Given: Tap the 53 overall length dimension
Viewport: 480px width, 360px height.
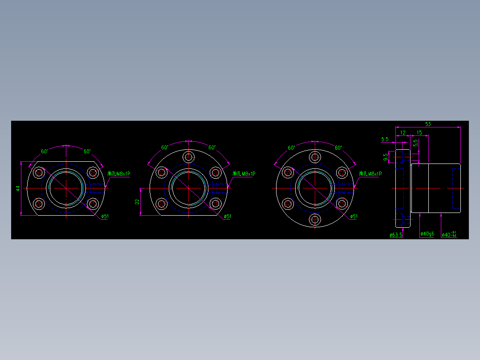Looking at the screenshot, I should [428, 124].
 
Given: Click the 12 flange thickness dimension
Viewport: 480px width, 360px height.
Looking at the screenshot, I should [403, 133].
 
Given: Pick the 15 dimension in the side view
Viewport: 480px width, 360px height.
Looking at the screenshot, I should [419, 133].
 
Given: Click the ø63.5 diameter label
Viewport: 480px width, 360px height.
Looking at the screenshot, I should [395, 234].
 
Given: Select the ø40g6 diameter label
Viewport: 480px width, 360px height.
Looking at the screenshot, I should [427, 234].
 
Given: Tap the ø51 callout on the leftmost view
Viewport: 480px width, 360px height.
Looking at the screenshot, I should [105, 217].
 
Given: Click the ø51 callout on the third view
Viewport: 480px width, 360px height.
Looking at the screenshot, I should [354, 217].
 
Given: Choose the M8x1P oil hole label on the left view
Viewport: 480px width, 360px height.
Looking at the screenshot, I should [119, 174].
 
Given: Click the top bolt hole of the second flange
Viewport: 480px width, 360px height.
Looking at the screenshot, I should [189, 157].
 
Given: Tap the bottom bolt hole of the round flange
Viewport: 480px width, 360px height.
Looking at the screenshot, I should [315, 220].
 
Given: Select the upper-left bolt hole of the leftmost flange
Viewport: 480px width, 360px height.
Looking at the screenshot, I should [39, 172].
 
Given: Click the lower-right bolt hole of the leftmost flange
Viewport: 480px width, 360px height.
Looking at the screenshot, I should [93, 204].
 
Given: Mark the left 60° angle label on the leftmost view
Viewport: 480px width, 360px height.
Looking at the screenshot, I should [45, 151].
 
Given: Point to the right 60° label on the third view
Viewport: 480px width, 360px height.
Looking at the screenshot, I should [338, 147].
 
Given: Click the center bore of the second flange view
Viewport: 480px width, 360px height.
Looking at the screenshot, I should [189, 188].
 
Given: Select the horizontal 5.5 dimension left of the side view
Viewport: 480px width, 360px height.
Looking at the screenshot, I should [385, 139].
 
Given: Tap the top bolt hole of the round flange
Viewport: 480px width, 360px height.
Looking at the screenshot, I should [315, 157].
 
